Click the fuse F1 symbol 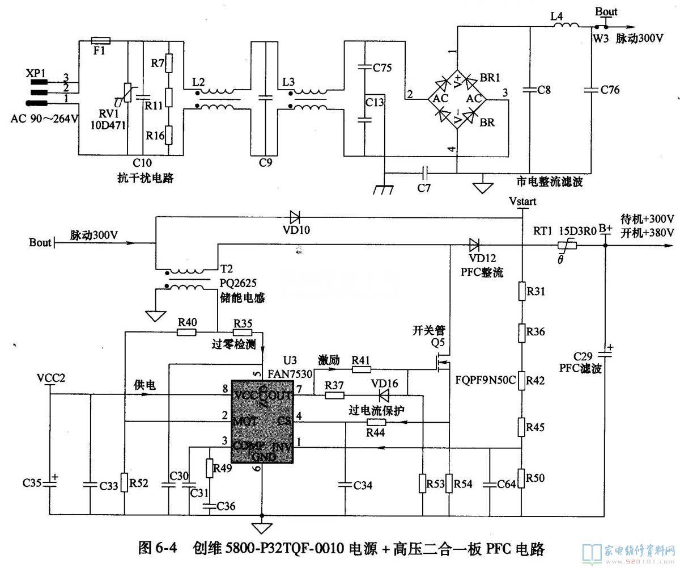point(101,41)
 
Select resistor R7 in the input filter point(168,64)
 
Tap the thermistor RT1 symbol point(566,245)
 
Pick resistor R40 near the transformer point(187,331)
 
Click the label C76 point(610,90)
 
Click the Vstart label point(522,201)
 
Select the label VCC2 point(51,378)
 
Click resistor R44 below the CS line point(376,422)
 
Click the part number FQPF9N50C point(485,380)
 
